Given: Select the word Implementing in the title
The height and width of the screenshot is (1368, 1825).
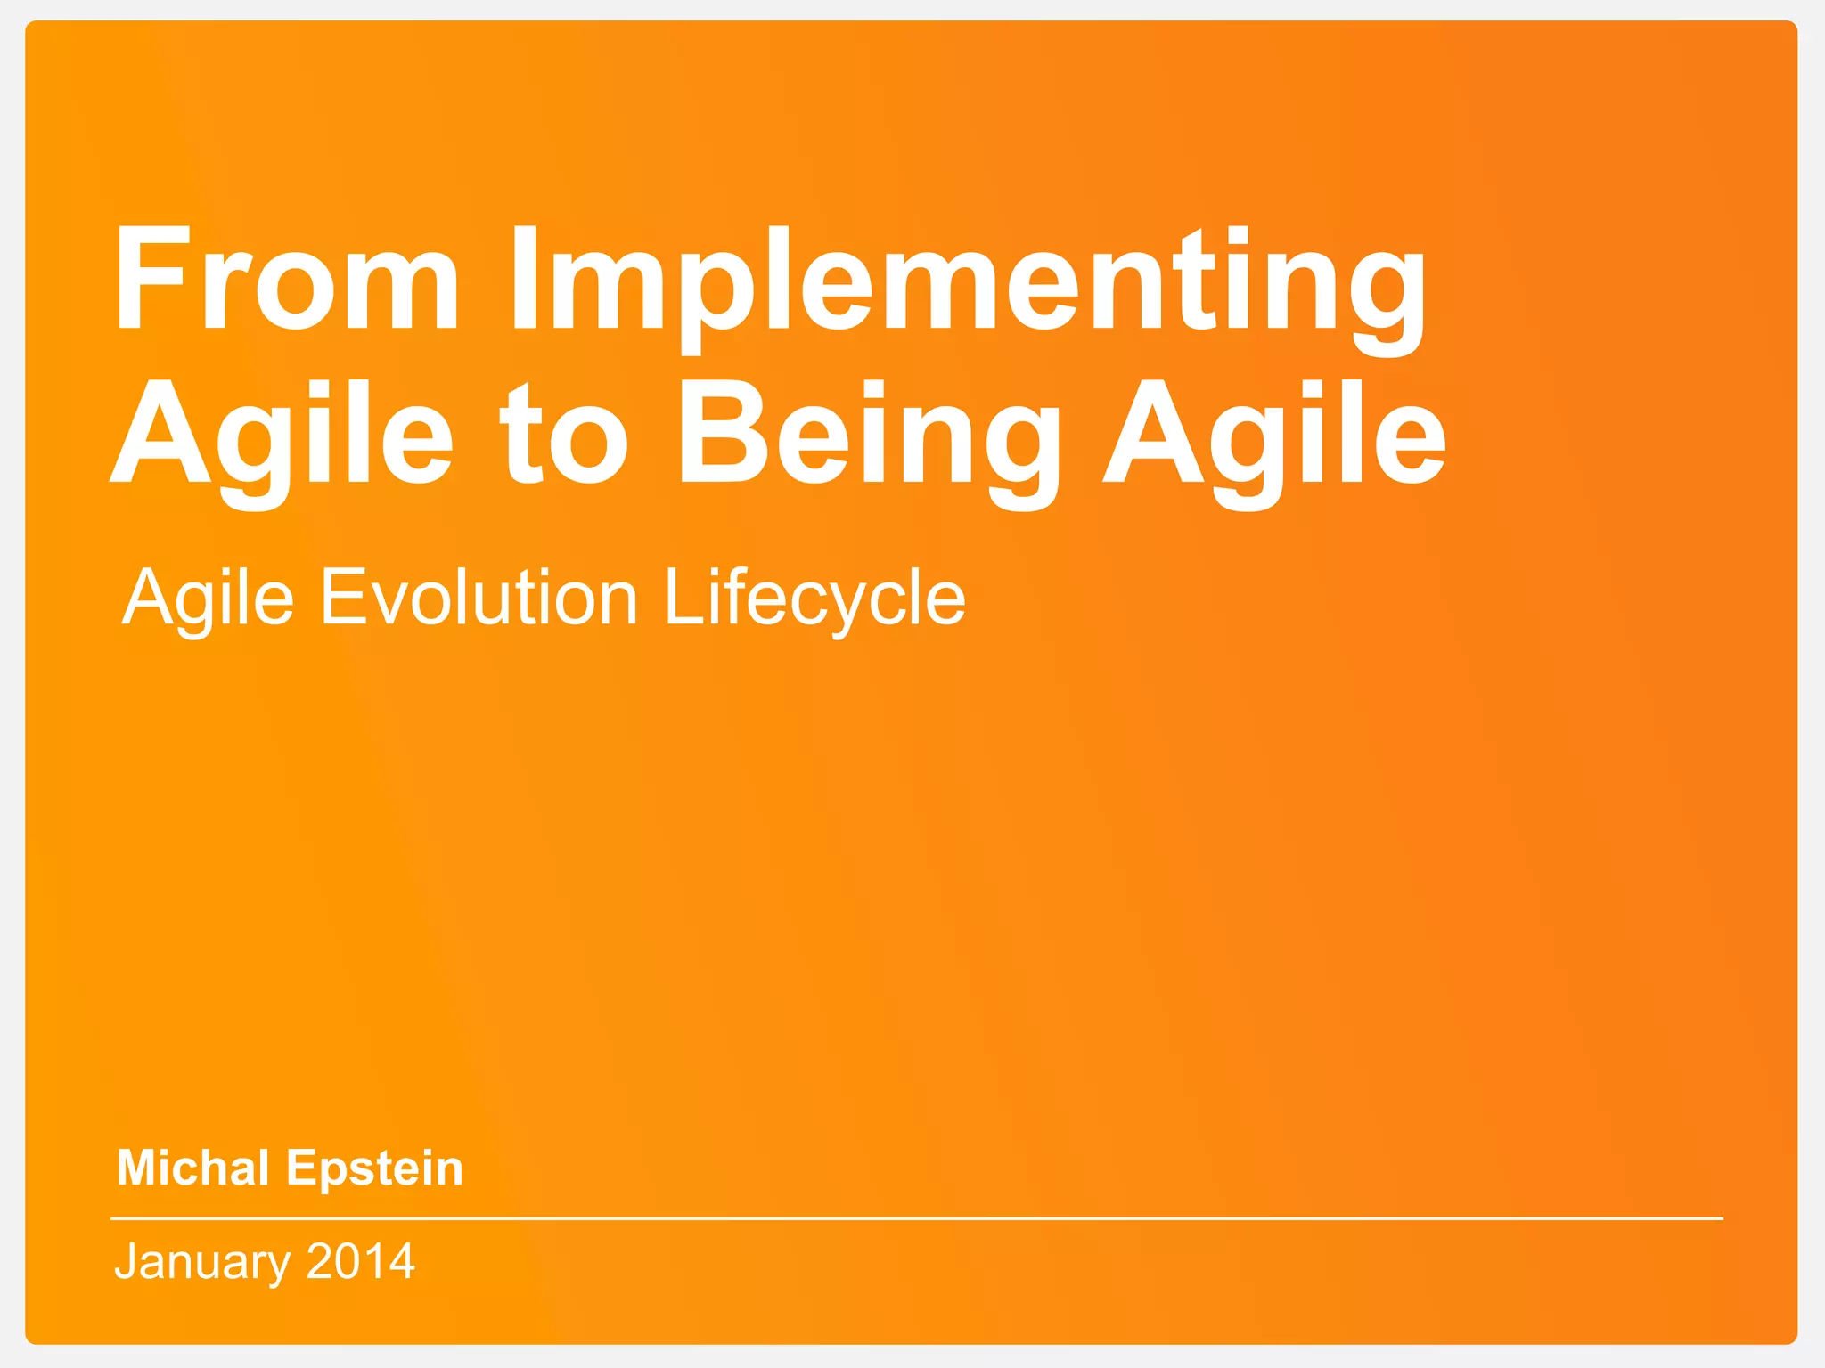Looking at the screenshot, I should point(968,283).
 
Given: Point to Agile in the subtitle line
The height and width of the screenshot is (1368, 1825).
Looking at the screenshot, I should point(208,598).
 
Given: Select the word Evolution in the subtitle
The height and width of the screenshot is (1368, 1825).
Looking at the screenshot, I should point(479,597).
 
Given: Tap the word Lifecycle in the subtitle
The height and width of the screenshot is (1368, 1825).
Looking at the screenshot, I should point(814,598).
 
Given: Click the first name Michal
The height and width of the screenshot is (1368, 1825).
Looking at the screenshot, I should point(192,1168).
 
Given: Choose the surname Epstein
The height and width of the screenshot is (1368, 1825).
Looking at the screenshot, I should point(374,1168).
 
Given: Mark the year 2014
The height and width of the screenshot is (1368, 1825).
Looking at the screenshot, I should point(360,1261).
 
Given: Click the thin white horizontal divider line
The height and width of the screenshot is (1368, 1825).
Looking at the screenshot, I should point(916,1217).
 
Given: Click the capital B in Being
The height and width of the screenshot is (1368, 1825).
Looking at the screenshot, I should point(718,433).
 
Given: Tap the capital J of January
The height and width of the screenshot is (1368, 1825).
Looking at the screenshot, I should point(128,1261).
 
